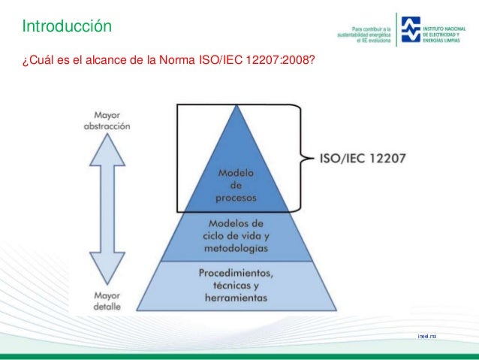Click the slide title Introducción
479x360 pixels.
(x=66, y=27)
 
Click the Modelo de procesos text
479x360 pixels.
(x=236, y=186)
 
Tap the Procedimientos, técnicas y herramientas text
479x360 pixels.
(x=236, y=285)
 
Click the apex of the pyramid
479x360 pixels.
(x=237, y=106)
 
